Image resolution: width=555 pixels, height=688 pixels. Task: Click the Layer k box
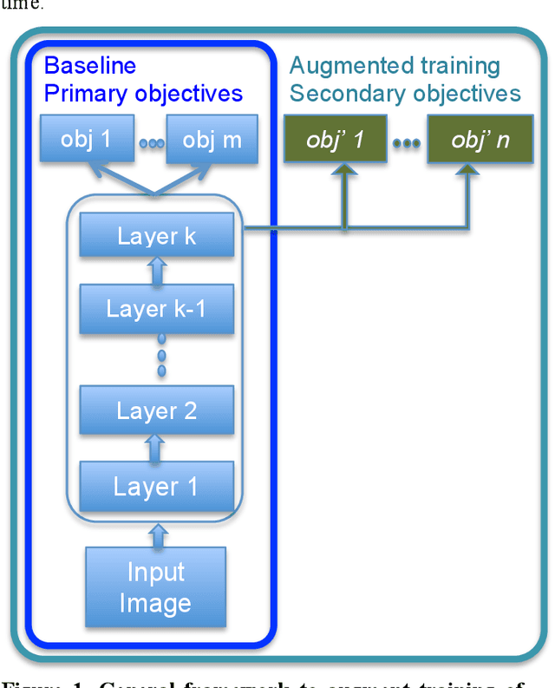(x=156, y=235)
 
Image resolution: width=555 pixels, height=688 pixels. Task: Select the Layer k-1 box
(x=156, y=309)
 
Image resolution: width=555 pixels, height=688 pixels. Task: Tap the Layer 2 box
(x=156, y=410)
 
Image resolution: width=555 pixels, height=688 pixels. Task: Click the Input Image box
(x=155, y=586)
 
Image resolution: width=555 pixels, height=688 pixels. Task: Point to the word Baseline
(x=90, y=66)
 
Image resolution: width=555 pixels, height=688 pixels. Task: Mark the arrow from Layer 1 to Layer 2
(x=156, y=448)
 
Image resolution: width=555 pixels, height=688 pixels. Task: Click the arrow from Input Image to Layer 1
(x=156, y=533)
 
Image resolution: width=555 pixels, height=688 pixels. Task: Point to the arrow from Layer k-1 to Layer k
(x=156, y=272)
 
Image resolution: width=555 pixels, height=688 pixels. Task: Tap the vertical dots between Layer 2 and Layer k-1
(x=160, y=359)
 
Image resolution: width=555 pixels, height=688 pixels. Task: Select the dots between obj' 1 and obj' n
(x=407, y=143)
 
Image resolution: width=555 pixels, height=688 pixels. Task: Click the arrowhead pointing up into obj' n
(x=471, y=174)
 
